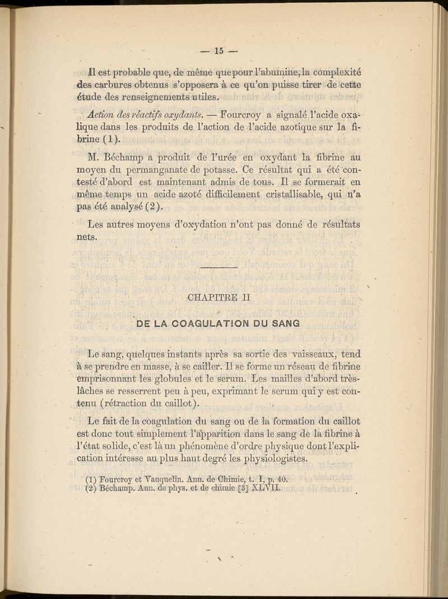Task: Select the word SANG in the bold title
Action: pyautogui.click(x=285, y=324)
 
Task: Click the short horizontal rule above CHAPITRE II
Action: pyautogui.click(x=219, y=268)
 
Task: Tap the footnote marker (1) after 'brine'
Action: pyautogui.click(x=111, y=139)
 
